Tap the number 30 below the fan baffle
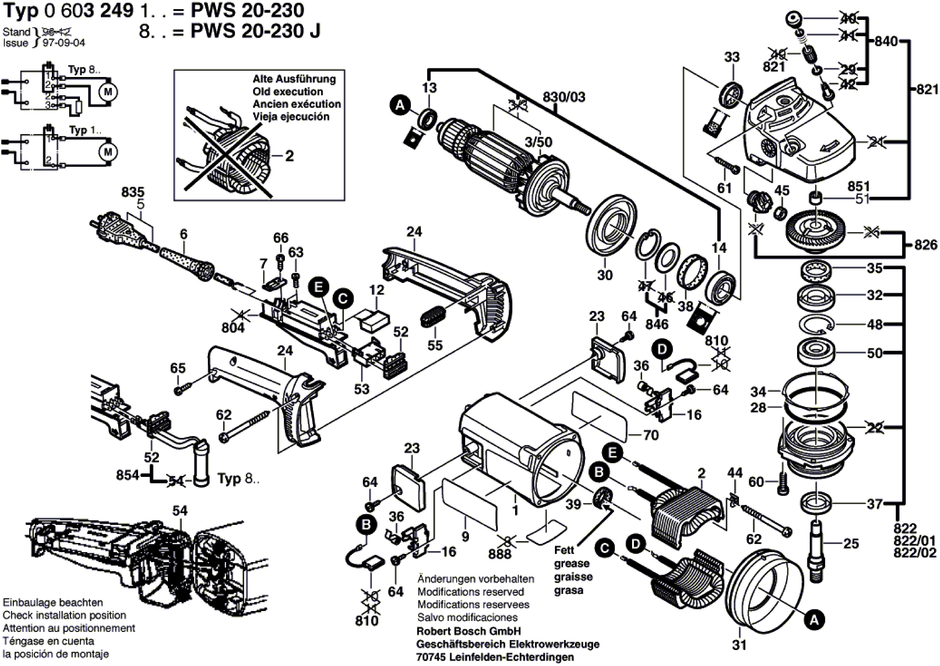pos(605,275)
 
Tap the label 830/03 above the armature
pos(564,97)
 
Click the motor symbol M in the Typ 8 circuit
pos(108,92)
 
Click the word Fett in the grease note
pos(564,550)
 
